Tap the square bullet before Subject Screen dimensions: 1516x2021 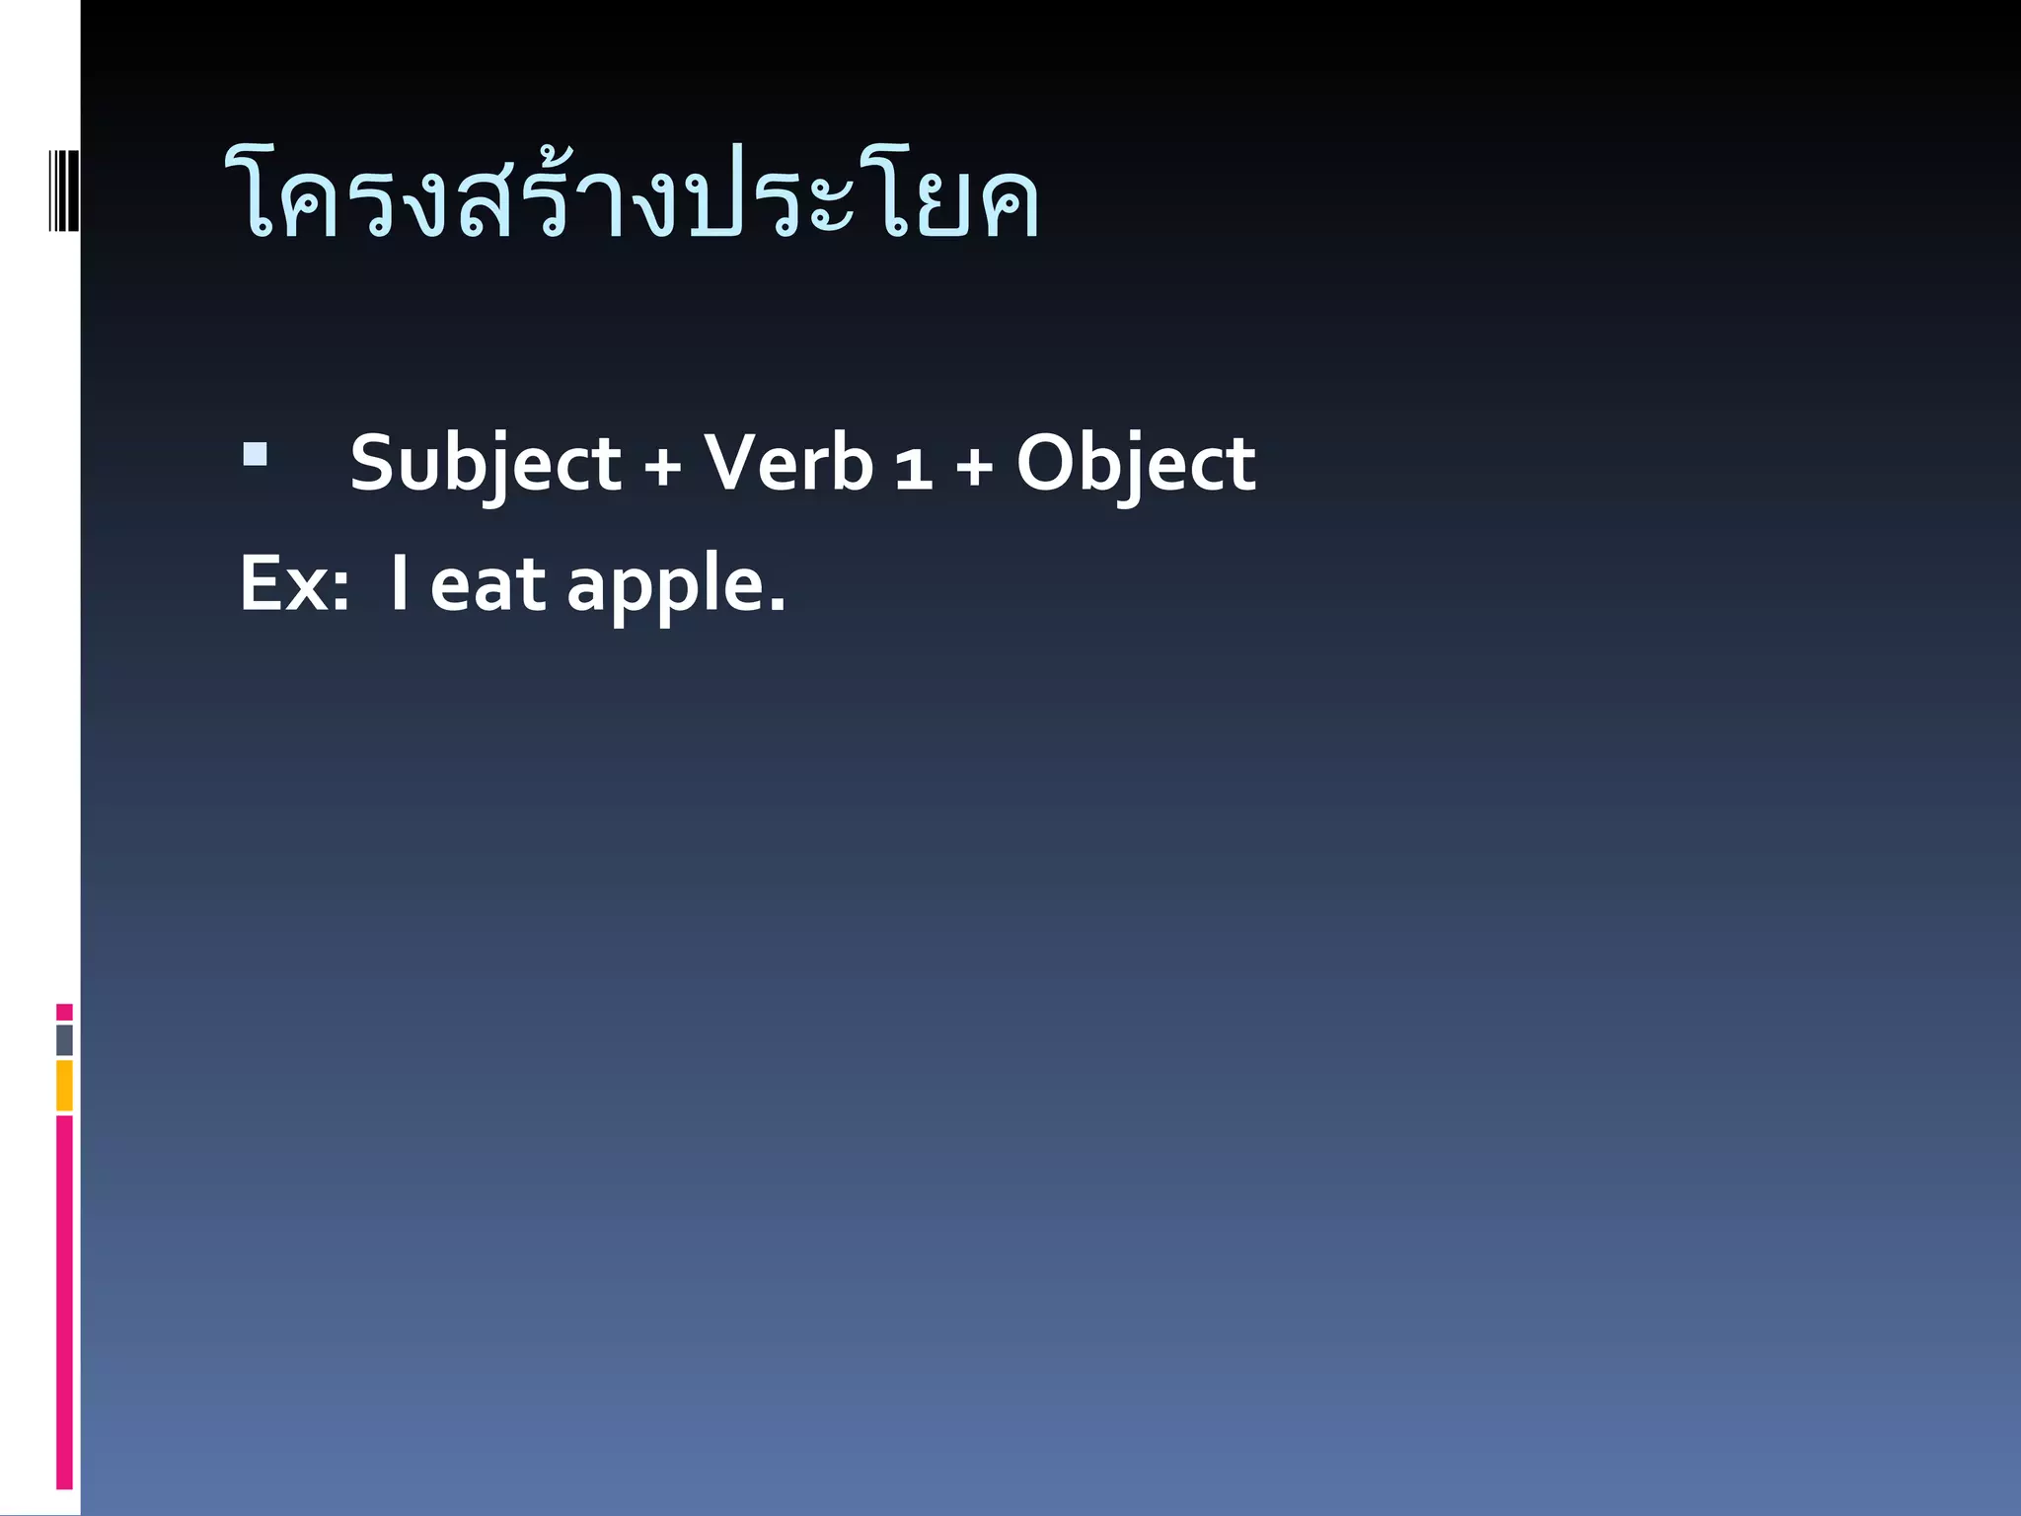pos(255,454)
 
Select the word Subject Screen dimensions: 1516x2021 pos(485,463)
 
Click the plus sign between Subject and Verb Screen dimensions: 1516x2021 pos(662,466)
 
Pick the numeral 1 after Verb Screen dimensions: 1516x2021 pos(914,466)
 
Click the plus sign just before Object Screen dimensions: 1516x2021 pos(974,466)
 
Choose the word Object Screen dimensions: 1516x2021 pos(1136,463)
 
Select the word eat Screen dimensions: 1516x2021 pos(487,584)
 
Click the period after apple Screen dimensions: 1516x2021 pos(777,605)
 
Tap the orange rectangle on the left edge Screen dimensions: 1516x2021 pos(64,1086)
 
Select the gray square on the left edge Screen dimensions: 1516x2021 pos(64,1040)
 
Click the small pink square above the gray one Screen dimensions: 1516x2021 pos(64,1012)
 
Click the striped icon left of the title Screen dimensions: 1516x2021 pos(63,190)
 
